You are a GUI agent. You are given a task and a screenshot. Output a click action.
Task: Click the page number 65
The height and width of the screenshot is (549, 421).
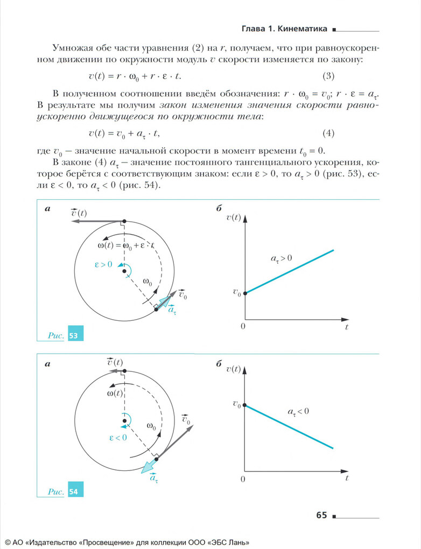[321, 515]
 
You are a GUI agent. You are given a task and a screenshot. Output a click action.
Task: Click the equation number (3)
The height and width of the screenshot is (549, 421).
[329, 74]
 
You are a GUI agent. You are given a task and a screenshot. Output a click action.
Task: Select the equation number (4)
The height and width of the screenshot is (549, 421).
[329, 133]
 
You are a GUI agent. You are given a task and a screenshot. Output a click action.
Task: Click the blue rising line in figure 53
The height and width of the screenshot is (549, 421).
[291, 271]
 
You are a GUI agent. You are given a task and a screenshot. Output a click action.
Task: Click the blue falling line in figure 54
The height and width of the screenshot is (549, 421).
[291, 426]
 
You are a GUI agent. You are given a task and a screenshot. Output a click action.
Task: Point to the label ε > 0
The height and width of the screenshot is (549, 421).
[103, 264]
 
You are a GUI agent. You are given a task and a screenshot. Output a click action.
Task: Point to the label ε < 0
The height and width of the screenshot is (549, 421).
[117, 438]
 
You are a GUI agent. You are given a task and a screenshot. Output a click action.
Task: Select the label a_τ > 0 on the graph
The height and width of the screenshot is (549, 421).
[281, 259]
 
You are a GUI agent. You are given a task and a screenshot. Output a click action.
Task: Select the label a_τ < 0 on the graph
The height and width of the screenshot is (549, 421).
[298, 412]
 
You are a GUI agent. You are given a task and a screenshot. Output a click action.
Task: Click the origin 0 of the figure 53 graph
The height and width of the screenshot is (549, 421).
[243, 327]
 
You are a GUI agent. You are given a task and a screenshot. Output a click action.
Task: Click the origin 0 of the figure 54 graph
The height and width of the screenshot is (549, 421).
[243, 479]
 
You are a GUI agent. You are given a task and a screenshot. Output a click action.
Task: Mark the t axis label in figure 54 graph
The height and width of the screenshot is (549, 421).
[347, 477]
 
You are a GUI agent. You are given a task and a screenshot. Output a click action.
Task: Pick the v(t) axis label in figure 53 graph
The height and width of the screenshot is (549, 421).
[234, 217]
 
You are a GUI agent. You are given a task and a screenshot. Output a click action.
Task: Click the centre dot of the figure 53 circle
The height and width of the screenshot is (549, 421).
[124, 271]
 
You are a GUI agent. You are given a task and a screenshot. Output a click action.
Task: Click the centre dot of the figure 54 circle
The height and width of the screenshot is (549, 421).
[124, 421]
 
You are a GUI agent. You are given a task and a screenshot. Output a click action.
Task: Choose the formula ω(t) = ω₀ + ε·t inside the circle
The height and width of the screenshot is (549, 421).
[125, 245]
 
